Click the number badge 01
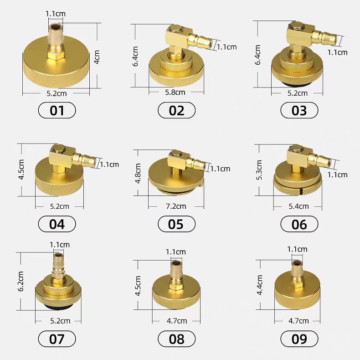click(57, 110)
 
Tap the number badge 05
click(176, 224)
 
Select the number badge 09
click(299, 339)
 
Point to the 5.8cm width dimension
click(175, 93)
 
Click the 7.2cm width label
click(176, 206)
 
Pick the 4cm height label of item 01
click(97, 57)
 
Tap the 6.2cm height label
click(21, 281)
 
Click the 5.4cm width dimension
click(298, 206)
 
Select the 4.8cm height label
click(138, 173)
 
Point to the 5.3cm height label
click(259, 170)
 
